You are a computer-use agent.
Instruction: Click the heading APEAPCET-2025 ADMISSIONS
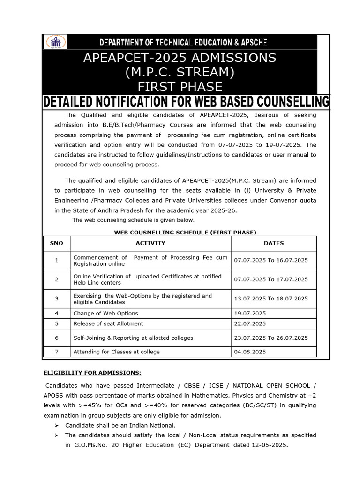[x=180, y=58]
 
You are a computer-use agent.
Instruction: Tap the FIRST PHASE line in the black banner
[x=180, y=87]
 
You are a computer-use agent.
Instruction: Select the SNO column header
[x=56, y=243]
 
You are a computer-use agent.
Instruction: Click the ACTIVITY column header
[x=150, y=243]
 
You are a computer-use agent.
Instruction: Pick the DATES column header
[x=274, y=243]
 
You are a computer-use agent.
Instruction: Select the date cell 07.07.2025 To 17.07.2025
[x=271, y=279]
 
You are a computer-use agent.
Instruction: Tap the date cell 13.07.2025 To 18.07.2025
[x=271, y=299]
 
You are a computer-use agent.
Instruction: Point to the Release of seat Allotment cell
[x=108, y=323]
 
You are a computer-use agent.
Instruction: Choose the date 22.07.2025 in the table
[x=250, y=323]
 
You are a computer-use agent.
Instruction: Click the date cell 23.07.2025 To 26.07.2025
[x=271, y=337]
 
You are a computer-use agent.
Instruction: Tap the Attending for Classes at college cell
[x=116, y=352]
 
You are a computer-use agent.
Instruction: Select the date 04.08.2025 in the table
[x=250, y=352]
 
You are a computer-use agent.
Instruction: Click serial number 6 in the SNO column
[x=57, y=337]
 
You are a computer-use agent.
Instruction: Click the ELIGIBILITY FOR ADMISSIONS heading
[x=92, y=373]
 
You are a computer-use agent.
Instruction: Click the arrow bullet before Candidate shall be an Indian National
[x=56, y=425]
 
